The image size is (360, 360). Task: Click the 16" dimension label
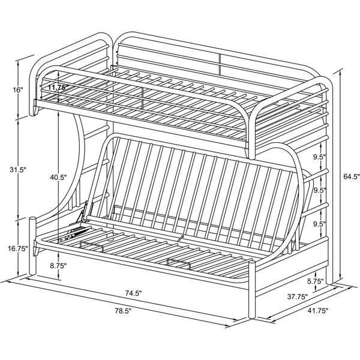(x=18, y=90)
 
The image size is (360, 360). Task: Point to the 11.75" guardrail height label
(x=58, y=87)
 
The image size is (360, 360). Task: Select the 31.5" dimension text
(x=18, y=170)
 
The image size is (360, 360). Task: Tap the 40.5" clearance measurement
(x=59, y=177)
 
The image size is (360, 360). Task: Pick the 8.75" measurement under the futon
(x=59, y=266)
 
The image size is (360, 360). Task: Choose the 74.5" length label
(x=133, y=293)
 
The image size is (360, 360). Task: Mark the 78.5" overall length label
(x=123, y=311)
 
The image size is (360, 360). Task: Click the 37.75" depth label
(x=298, y=296)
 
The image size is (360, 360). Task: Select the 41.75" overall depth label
(x=318, y=311)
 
